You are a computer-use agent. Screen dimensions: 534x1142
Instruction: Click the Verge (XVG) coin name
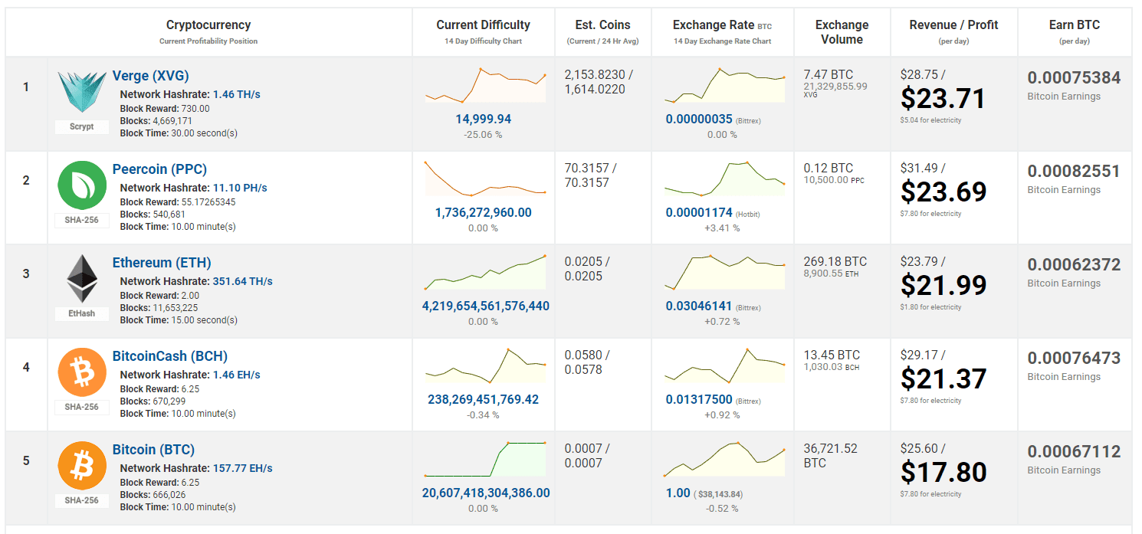click(150, 76)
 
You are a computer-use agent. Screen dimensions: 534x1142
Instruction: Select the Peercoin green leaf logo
click(82, 185)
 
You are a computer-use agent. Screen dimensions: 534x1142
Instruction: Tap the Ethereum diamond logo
click(82, 278)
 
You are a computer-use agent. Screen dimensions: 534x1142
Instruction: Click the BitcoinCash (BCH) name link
click(169, 356)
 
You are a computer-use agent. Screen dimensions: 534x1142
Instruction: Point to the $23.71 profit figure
click(943, 98)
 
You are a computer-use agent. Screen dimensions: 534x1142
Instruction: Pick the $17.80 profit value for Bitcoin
click(943, 472)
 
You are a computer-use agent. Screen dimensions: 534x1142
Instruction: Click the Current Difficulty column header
click(483, 25)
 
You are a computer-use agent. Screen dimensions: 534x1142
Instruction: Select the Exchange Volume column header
click(842, 32)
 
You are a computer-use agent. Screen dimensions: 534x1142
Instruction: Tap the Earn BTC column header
click(1074, 25)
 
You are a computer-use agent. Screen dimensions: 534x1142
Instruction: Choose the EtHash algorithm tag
click(81, 313)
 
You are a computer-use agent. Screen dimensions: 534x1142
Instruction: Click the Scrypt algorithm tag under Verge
click(81, 126)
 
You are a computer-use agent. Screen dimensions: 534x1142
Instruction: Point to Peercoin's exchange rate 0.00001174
click(699, 212)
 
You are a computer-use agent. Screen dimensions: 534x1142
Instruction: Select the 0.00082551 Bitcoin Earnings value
click(1074, 172)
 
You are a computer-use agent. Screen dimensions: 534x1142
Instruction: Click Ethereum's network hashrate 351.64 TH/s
click(242, 281)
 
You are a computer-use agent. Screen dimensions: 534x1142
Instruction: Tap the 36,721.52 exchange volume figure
click(830, 448)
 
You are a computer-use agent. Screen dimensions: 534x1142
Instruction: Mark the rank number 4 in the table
click(26, 367)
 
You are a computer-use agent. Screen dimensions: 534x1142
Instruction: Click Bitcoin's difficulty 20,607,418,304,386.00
click(486, 493)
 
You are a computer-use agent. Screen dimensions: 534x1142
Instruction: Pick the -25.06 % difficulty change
click(483, 135)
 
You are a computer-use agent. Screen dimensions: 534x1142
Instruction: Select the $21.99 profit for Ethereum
click(943, 285)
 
